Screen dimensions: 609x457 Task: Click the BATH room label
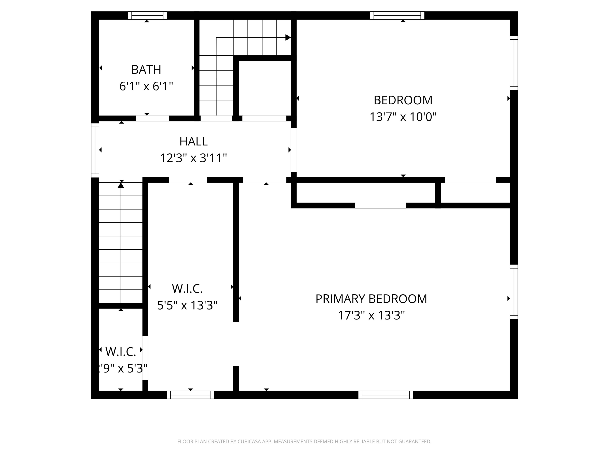[x=146, y=70]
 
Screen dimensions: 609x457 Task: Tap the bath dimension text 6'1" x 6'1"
[x=146, y=86]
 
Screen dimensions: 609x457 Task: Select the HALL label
[x=193, y=142]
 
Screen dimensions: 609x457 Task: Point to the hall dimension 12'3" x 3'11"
[x=193, y=158]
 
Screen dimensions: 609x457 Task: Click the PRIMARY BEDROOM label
[x=371, y=299]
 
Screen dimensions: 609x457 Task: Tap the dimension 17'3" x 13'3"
[x=371, y=315]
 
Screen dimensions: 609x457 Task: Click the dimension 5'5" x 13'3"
[x=187, y=305]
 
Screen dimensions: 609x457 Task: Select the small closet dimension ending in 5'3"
[x=123, y=368]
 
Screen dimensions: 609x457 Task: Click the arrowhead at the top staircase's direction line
[x=288, y=37]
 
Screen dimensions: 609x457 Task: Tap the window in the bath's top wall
[x=147, y=15]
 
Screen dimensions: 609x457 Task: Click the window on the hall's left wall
[x=95, y=150]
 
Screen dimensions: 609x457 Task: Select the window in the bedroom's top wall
[x=397, y=15]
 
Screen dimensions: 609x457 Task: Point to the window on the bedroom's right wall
[x=514, y=63]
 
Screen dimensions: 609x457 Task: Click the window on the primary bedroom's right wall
[x=514, y=292]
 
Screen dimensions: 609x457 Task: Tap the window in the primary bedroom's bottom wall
[x=385, y=395]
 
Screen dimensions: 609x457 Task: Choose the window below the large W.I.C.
[x=190, y=395]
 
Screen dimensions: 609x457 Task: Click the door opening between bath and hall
[x=152, y=118]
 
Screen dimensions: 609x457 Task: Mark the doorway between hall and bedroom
[x=294, y=150]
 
